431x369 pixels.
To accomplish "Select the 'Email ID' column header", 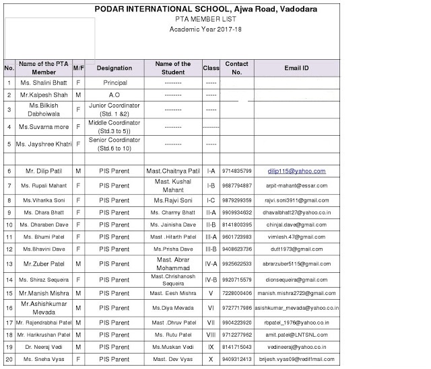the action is point(296,68).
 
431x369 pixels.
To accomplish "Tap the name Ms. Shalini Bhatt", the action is point(44,83).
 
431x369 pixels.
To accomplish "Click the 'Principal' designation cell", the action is point(114,83).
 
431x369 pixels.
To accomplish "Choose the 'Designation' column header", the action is point(114,68).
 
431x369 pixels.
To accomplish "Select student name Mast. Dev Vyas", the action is point(172,360).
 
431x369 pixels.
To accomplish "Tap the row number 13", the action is point(9,264).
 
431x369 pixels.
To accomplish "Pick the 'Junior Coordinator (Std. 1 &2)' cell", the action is point(114,110).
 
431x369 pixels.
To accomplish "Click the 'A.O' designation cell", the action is point(114,95).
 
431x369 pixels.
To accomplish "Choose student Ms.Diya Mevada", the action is point(172,308).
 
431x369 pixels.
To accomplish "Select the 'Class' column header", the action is point(211,68).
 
